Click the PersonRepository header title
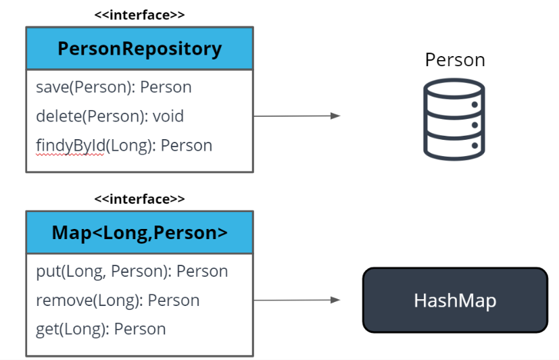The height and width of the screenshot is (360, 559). click(x=139, y=49)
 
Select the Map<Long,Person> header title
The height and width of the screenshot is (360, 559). click(x=139, y=232)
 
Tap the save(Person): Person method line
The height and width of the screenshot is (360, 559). click(x=114, y=87)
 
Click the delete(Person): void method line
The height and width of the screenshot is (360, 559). click(x=110, y=116)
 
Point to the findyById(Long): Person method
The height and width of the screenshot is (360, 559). click(x=124, y=145)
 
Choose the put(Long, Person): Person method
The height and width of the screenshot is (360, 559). click(x=132, y=271)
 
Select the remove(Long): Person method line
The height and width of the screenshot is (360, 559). click(x=118, y=300)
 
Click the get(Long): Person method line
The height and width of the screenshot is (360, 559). click(x=101, y=329)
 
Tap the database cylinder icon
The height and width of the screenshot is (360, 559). click(x=454, y=118)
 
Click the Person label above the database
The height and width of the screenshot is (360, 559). click(x=455, y=59)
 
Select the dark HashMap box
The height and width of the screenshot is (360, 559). click(x=455, y=300)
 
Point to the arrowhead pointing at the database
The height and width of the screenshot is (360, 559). click(x=335, y=115)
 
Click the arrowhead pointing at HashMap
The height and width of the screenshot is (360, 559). click(x=335, y=300)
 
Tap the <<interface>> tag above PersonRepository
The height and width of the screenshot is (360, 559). click(x=139, y=14)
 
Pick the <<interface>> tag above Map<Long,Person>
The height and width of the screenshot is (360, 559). click(x=139, y=199)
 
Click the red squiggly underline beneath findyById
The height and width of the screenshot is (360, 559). click(x=70, y=155)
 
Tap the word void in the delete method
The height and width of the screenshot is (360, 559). click(x=168, y=116)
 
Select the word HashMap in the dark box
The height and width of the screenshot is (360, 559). click(x=455, y=301)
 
